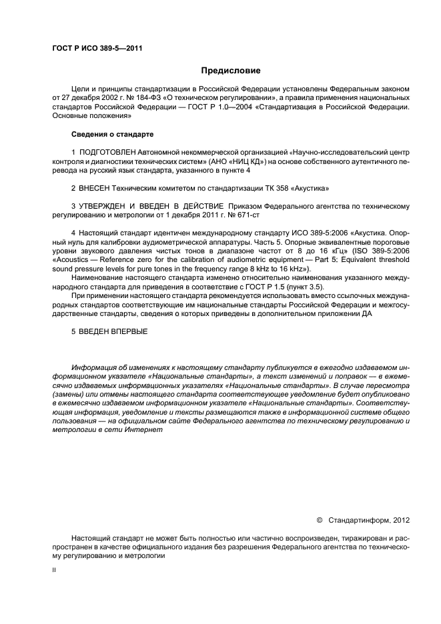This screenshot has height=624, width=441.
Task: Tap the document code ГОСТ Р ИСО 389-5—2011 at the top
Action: pos(97,48)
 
